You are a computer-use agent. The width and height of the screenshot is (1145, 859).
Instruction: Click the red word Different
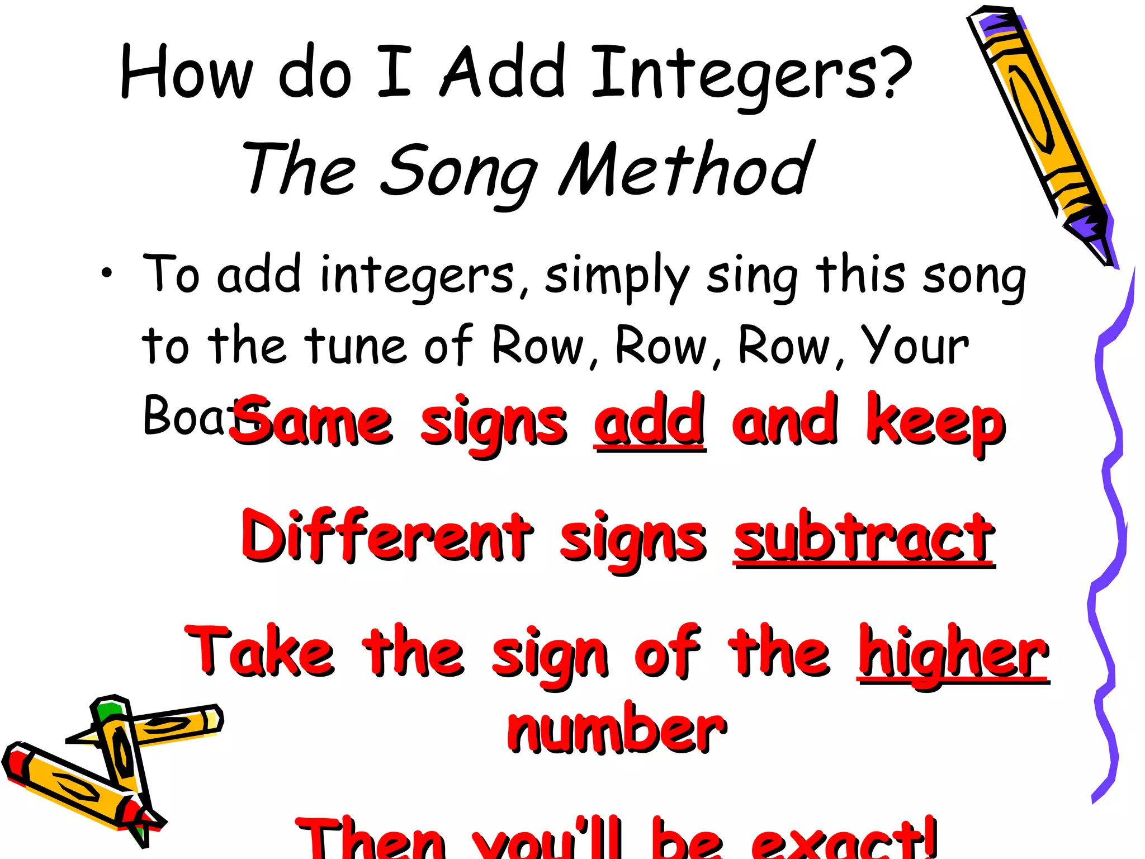point(386,537)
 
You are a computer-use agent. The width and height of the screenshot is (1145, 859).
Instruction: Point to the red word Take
point(260,652)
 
